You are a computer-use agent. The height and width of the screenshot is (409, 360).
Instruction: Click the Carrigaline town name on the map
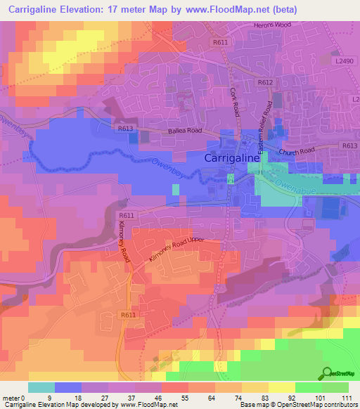(x=232, y=159)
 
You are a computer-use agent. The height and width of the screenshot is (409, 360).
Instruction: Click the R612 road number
(x=265, y=82)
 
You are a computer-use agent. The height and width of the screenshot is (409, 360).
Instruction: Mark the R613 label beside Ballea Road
(x=125, y=129)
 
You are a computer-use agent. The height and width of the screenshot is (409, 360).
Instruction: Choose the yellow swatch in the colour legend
(x=281, y=387)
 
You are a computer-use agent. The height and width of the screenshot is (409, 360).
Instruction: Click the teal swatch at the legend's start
(x=41, y=387)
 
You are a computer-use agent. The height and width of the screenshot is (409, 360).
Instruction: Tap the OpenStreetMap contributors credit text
(x=319, y=405)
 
